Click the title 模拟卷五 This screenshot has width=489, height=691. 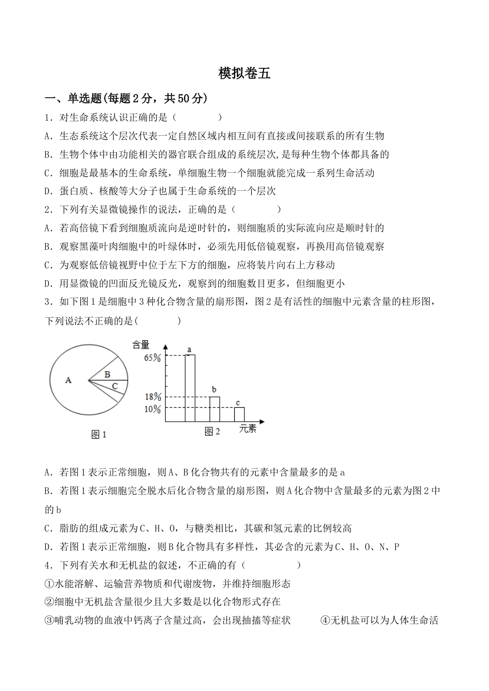point(244,74)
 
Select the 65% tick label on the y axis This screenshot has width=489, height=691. point(152,358)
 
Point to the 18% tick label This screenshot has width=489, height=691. point(152,397)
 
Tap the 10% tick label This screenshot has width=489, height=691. point(152,409)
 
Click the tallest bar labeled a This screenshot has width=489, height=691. point(190,388)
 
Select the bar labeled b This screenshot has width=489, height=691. point(215,409)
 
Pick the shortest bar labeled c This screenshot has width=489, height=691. point(239,414)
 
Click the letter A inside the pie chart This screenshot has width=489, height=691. point(68,380)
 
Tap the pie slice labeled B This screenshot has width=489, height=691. point(108,374)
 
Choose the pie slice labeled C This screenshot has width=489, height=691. point(114,386)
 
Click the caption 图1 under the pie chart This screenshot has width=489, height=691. point(98,435)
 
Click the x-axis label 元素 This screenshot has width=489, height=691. point(248,429)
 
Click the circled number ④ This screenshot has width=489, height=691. point(325,621)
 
